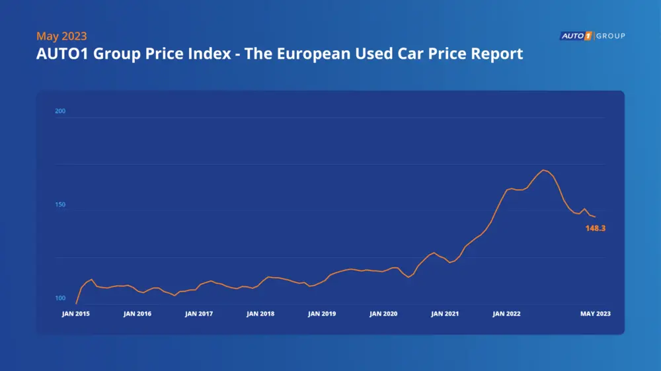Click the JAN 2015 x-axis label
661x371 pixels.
click(x=76, y=314)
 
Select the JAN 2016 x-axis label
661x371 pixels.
click(x=137, y=314)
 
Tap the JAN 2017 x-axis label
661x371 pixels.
click(x=199, y=314)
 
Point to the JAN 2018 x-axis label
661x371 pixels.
click(x=260, y=314)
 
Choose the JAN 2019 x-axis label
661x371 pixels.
click(x=322, y=314)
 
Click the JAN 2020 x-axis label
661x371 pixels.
click(x=383, y=314)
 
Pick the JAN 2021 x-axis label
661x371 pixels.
click(x=445, y=314)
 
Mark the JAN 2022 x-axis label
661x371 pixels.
click(x=506, y=314)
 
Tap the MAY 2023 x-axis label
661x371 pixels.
click(x=596, y=314)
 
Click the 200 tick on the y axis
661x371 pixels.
click(x=60, y=111)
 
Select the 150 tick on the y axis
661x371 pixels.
click(x=60, y=205)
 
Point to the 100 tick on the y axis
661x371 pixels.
click(x=60, y=298)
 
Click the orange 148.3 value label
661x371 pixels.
click(x=596, y=228)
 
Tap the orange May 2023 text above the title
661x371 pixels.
click(x=61, y=36)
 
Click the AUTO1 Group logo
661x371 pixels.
click(x=592, y=36)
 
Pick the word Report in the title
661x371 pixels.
click(x=498, y=54)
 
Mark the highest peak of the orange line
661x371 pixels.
click(x=543, y=170)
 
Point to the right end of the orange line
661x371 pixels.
click(x=595, y=217)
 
